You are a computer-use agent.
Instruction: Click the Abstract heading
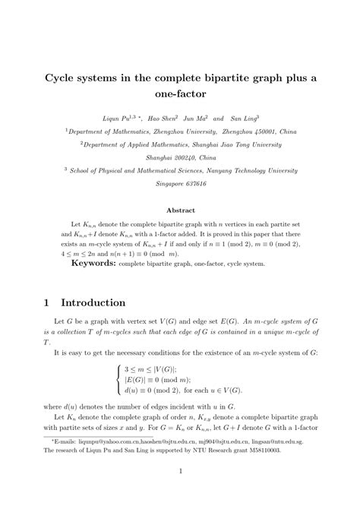click(x=180, y=210)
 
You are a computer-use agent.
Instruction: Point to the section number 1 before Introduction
click(x=46, y=302)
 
